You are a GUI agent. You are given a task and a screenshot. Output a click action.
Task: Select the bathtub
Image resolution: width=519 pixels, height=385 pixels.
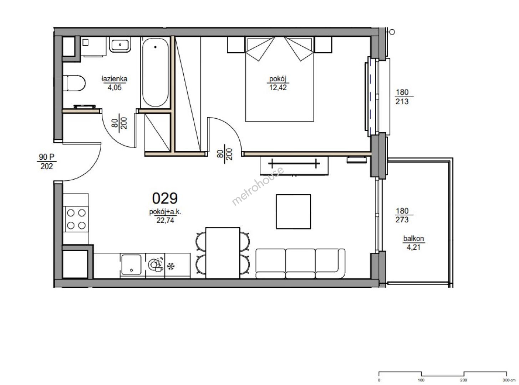tap(155, 72)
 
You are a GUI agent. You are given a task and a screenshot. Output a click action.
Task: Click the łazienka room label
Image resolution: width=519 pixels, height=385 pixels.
tap(115, 79)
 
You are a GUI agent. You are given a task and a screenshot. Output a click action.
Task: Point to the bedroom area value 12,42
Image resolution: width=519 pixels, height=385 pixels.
tap(278, 88)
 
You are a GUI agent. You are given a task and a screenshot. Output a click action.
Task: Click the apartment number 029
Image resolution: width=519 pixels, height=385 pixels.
tap(165, 198)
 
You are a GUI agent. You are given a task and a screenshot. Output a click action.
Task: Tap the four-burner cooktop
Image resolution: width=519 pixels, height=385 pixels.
tap(76, 219)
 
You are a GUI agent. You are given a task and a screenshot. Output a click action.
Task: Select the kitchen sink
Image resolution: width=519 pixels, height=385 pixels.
tap(131, 265)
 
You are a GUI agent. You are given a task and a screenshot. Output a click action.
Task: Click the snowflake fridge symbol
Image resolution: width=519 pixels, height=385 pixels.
tap(171, 266)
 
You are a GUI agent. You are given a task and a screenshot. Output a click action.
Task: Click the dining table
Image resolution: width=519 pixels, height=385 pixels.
tap(223, 253)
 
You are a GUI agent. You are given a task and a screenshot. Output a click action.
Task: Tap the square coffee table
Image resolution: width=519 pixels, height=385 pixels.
tap(294, 211)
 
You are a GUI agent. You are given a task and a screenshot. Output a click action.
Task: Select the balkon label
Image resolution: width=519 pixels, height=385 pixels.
tap(413, 238)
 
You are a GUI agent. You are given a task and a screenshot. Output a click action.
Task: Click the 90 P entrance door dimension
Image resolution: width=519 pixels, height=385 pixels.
tap(47, 157)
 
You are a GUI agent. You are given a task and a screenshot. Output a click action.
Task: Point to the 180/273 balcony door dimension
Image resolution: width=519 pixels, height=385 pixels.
tap(402, 215)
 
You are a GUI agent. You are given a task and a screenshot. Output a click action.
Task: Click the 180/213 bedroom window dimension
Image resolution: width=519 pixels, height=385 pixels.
tap(402, 97)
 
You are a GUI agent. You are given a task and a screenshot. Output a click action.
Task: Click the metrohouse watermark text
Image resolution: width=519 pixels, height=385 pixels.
tap(258, 186)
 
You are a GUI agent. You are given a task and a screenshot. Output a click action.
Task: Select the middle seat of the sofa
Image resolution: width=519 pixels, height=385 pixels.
tap(300, 263)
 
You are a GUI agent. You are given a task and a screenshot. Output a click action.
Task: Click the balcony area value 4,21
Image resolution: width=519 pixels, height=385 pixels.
tap(413, 247)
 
